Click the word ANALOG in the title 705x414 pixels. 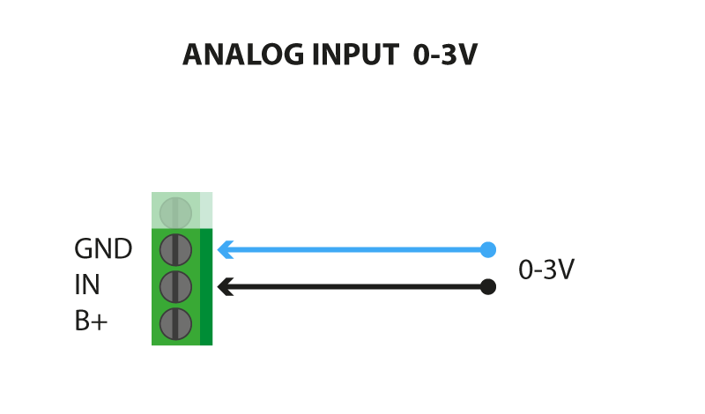click(x=243, y=55)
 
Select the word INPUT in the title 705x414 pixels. click(x=355, y=55)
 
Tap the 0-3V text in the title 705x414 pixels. click(x=445, y=55)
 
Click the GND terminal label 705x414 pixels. click(x=103, y=248)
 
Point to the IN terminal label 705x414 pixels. click(x=86, y=285)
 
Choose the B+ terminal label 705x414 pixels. click(x=91, y=321)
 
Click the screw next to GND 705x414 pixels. click(x=175, y=250)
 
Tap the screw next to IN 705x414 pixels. click(x=175, y=287)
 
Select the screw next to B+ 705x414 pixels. click(x=175, y=323)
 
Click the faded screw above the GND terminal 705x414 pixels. click(x=175, y=213)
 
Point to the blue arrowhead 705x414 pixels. click(x=226, y=250)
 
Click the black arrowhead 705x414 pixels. click(x=226, y=287)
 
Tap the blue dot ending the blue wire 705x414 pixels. click(x=488, y=250)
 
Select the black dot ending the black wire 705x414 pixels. click(x=488, y=287)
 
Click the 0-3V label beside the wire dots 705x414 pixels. click(x=546, y=270)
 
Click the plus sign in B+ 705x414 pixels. click(x=100, y=322)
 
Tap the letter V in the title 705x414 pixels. click(x=466, y=55)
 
